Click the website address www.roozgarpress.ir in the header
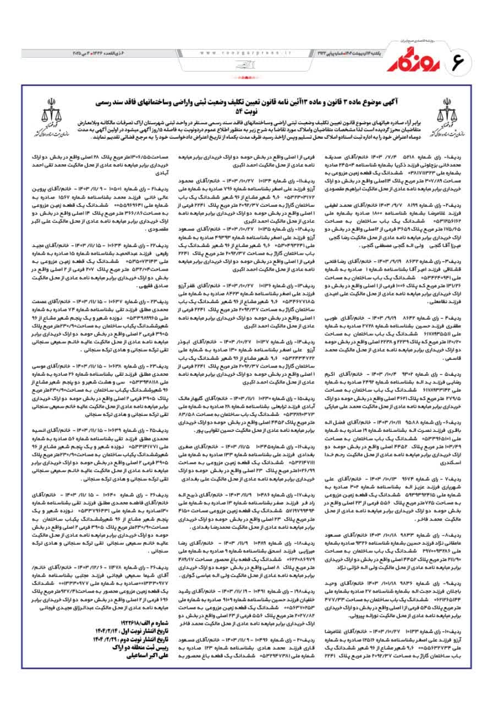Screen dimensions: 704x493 click(245, 53)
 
